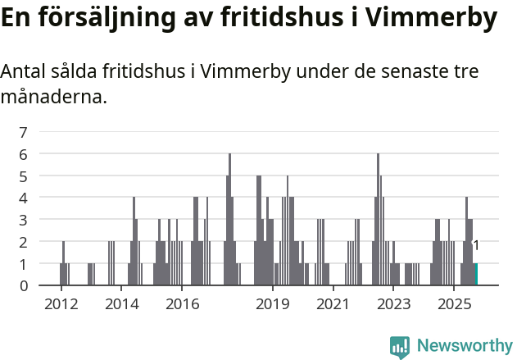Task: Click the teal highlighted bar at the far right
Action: pos(476,275)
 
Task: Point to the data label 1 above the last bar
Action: pos(476,245)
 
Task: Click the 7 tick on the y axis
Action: pos(24,132)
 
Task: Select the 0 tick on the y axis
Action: pos(24,285)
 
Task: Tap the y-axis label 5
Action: pos(24,176)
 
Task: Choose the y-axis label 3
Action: pos(24,220)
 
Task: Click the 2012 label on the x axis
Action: pos(61,304)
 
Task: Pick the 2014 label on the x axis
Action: pos(122,304)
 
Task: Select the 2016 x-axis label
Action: pos(183,304)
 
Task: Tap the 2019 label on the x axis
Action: pos(273,304)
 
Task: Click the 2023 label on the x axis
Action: pos(393,304)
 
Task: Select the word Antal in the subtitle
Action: pos(25,72)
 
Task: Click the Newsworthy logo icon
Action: pos(400,347)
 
